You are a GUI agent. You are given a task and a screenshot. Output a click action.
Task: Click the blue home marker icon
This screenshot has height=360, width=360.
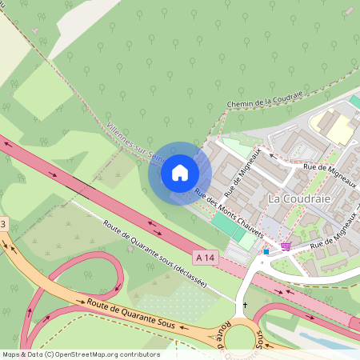click(x=179, y=173)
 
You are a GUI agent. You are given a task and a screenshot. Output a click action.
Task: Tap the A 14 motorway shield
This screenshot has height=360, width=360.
click(x=206, y=257)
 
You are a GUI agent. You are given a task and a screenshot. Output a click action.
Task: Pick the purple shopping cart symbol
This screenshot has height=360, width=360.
click(x=286, y=246)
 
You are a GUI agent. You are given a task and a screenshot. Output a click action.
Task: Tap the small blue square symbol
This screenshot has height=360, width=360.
click(x=266, y=251)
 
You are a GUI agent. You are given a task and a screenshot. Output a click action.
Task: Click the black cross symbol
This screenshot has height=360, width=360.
click(x=245, y=305)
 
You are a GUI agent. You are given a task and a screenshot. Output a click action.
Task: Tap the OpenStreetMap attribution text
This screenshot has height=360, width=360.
click(x=80, y=354)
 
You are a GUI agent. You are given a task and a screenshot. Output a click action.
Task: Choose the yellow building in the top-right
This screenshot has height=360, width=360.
click(x=335, y=126)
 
